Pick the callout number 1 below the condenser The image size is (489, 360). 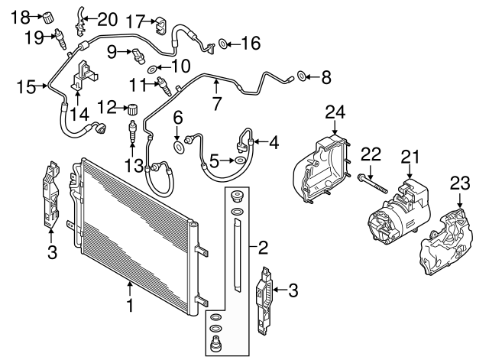pos(130,306)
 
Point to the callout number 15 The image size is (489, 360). pos(26,88)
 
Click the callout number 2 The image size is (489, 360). pos(262,247)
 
